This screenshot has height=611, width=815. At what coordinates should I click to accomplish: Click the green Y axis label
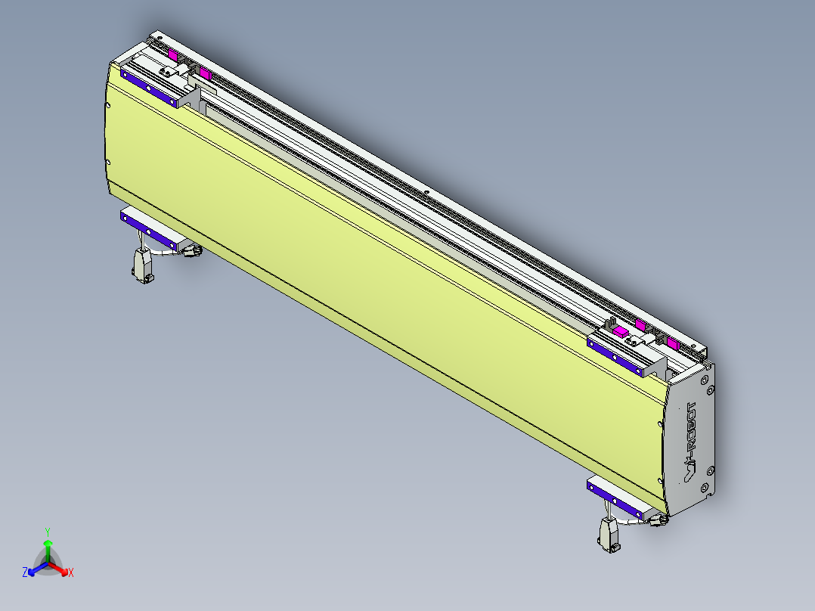(48, 531)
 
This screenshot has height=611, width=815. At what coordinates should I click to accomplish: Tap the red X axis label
(71, 573)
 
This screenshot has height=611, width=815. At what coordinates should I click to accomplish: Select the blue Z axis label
(25, 573)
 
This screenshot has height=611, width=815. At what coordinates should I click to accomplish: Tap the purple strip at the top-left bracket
(150, 88)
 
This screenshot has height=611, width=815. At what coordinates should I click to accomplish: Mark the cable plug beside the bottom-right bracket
(656, 520)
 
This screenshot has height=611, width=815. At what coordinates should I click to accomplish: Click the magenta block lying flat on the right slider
(620, 331)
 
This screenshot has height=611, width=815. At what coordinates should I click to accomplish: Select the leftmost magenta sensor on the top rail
(173, 55)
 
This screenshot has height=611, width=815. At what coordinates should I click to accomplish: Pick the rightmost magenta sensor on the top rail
(672, 344)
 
